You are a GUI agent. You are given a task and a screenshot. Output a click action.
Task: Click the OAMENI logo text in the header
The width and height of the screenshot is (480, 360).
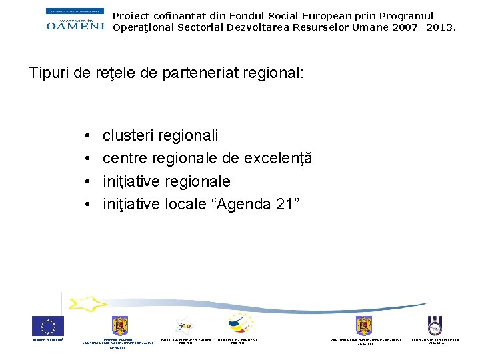pos(75,25)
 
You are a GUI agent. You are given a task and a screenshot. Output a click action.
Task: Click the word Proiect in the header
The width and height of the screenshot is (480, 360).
pos(131,16)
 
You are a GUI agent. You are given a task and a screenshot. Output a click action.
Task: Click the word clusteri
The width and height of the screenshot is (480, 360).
pos(128,135)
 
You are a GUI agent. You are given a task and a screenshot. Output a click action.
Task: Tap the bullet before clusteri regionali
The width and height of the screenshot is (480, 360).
pos(88,136)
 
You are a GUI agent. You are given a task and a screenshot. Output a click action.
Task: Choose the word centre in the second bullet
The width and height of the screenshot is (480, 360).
pos(125,159)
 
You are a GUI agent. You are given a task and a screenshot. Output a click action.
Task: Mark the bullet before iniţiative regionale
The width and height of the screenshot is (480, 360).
pos(88,181)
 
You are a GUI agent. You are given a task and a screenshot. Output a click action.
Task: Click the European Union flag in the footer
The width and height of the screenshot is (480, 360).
pos(48,326)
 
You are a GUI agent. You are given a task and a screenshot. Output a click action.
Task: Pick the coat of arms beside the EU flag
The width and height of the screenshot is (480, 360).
pos(120,325)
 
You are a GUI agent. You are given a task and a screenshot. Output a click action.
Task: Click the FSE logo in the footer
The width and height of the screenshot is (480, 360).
pos(185,326)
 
